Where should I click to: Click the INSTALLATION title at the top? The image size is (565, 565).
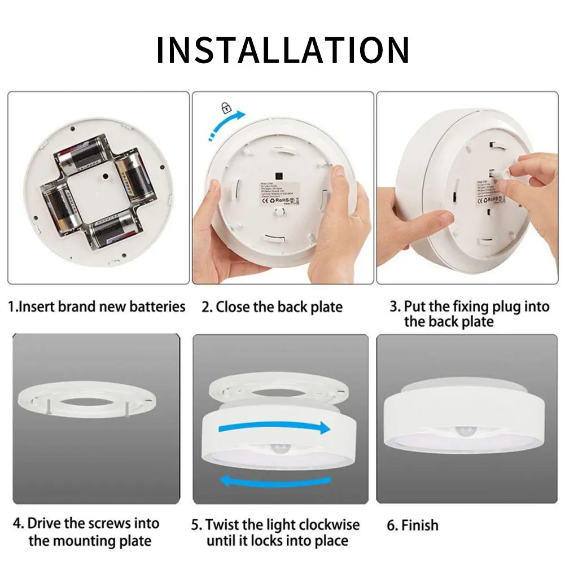(282, 50)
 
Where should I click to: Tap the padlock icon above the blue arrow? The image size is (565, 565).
(226, 107)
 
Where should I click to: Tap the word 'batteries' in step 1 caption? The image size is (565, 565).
(157, 307)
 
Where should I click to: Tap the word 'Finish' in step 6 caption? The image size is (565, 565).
(419, 525)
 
